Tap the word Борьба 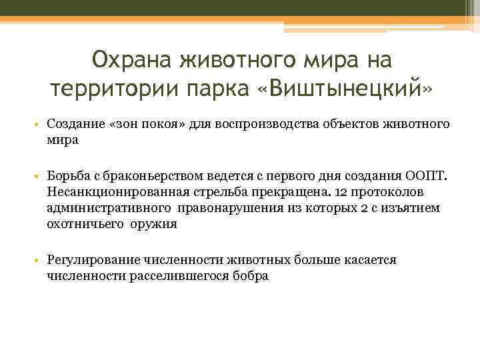click(69, 175)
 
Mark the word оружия click(154, 225)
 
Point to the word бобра click(251, 275)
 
